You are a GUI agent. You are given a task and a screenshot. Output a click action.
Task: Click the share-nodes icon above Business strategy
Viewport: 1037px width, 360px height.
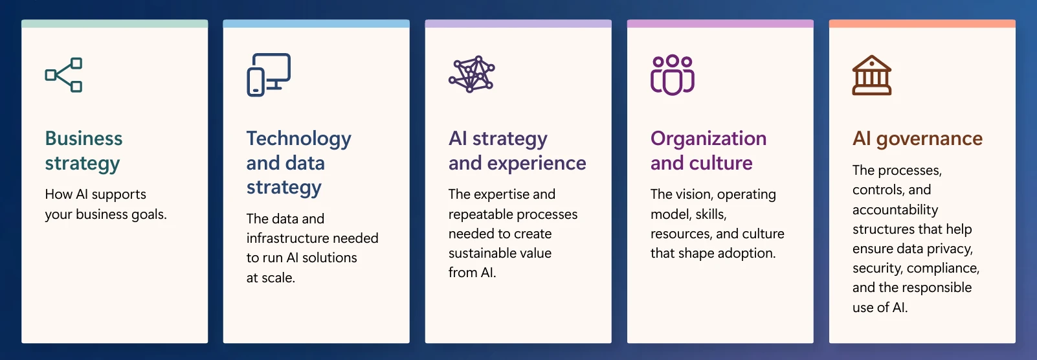[63, 75]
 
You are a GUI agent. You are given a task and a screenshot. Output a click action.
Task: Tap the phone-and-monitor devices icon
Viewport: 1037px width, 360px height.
[268, 74]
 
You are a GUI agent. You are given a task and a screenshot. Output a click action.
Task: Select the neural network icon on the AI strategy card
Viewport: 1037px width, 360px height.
[472, 74]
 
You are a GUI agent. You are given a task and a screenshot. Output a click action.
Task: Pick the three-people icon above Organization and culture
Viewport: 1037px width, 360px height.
[673, 74]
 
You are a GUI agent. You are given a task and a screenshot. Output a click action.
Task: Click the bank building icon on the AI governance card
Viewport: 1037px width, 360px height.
[871, 75]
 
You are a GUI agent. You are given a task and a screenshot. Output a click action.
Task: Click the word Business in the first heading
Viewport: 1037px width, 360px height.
[84, 139]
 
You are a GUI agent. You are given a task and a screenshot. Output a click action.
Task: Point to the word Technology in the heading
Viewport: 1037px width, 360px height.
[298, 139]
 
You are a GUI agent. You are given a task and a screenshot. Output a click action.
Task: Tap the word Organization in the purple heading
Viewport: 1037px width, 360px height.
[708, 139]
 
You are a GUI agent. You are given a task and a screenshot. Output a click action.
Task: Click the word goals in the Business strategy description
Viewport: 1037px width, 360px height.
[149, 214]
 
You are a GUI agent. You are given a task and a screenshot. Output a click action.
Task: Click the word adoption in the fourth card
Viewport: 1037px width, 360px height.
[746, 253]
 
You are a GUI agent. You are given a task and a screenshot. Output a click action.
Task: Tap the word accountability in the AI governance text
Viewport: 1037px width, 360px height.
[895, 210]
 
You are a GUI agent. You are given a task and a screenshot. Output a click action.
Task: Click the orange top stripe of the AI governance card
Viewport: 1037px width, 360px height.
[922, 24]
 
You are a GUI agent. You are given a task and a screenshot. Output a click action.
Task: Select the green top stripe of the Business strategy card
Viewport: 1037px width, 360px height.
[115, 24]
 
